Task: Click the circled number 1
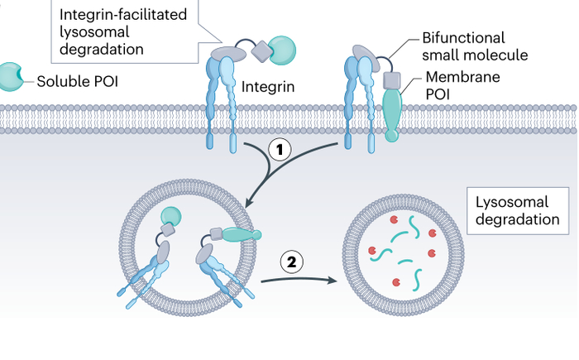coord(280,150)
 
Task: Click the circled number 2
coord(291,262)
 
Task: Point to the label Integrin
coord(268,84)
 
